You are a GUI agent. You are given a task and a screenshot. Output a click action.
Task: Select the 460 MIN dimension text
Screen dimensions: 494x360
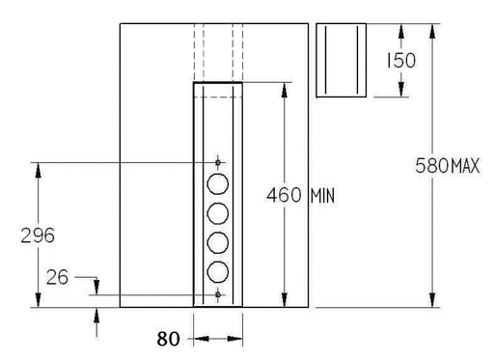pyautogui.click(x=300, y=194)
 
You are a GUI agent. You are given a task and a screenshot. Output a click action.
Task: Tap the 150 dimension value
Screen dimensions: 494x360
pyautogui.click(x=399, y=61)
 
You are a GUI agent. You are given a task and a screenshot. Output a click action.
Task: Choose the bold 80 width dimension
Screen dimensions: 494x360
pyautogui.click(x=169, y=339)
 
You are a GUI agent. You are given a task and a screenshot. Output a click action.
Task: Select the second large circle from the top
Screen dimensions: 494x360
pyautogui.click(x=218, y=212)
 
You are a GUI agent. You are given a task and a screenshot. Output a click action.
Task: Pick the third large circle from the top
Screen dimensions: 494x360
pyautogui.click(x=218, y=241)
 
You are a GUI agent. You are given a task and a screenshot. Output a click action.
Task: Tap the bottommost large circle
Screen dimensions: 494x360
pyautogui.click(x=218, y=270)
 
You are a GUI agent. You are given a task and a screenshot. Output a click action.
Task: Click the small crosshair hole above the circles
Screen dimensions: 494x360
pyautogui.click(x=218, y=161)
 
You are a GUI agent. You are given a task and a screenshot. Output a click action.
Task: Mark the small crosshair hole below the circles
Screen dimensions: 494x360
pyautogui.click(x=218, y=293)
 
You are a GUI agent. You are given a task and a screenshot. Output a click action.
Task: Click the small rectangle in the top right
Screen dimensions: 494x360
pyautogui.click(x=343, y=60)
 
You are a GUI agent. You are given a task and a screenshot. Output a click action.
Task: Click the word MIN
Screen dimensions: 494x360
pyautogui.click(x=321, y=194)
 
